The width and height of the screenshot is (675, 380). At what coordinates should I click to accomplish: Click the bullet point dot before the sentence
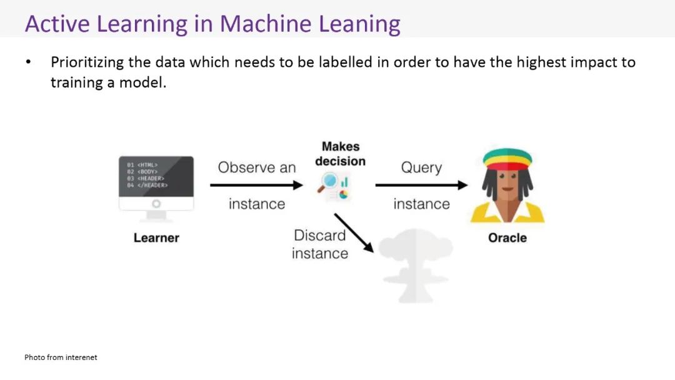click(x=28, y=63)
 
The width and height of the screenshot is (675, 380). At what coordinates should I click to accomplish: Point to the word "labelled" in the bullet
click(x=345, y=62)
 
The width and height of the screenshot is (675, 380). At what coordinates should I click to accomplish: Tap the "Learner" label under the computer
click(x=156, y=238)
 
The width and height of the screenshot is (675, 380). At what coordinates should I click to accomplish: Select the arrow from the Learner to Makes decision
click(x=256, y=185)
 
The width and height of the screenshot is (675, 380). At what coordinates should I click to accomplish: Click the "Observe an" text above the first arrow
click(x=257, y=167)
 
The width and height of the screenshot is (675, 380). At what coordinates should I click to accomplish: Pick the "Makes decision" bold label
click(x=341, y=154)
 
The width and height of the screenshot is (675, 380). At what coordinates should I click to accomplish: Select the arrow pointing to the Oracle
click(x=421, y=185)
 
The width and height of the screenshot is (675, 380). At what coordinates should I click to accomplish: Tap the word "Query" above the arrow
click(x=421, y=167)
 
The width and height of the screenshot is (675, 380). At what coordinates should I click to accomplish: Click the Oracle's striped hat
click(x=507, y=159)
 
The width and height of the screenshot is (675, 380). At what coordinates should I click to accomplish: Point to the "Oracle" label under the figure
click(x=507, y=238)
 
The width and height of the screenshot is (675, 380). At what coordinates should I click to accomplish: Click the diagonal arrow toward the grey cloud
click(x=354, y=232)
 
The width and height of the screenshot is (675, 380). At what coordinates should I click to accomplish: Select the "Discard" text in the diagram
click(x=320, y=236)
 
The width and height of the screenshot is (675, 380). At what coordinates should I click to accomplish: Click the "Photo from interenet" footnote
click(x=61, y=357)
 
